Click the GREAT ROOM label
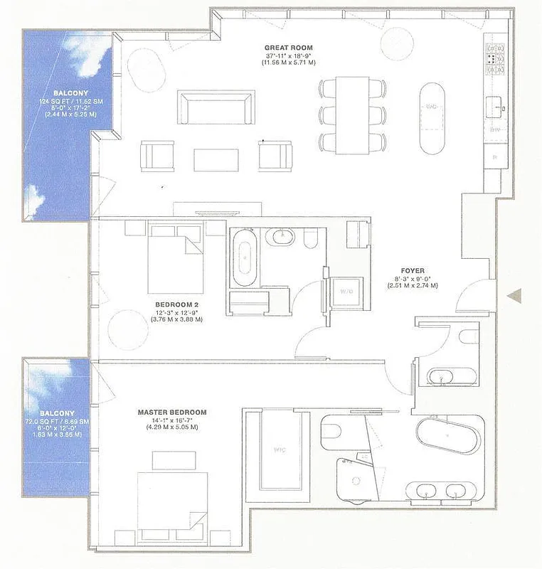[x=288, y=48]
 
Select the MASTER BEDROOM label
[x=172, y=412]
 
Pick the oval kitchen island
[x=432, y=117]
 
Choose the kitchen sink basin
[x=496, y=108]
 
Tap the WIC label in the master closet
[x=280, y=450]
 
